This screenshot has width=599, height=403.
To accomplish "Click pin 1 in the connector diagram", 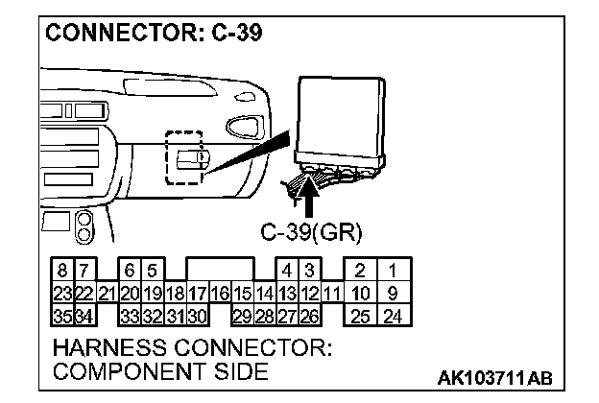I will pos(392,272).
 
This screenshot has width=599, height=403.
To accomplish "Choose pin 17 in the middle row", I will pos(198,293).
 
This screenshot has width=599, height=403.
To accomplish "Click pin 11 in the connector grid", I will pos(332,293).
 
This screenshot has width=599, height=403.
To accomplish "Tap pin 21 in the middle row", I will pos(107,293).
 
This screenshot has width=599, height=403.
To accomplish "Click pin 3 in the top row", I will pos(309,272).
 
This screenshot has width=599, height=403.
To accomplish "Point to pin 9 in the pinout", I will pos(392,293).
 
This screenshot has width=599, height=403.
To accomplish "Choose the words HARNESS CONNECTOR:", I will pos(193,347).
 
